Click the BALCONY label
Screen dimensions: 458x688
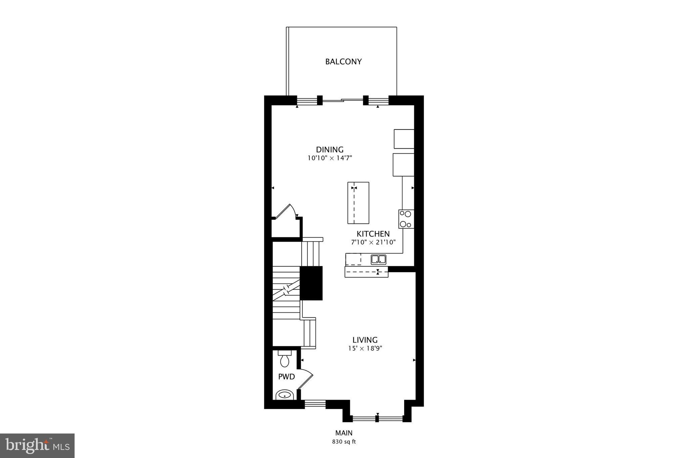pyautogui.click(x=343, y=62)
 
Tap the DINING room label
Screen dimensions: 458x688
pyautogui.click(x=330, y=150)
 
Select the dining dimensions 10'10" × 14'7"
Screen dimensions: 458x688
pyautogui.click(x=330, y=158)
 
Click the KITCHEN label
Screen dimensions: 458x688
pyautogui.click(x=373, y=234)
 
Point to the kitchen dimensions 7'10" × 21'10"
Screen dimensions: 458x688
pyautogui.click(x=373, y=242)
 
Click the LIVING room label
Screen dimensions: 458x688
pyautogui.click(x=365, y=340)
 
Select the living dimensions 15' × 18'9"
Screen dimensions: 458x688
pyautogui.click(x=365, y=349)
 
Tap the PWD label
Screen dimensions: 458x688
pyautogui.click(x=286, y=377)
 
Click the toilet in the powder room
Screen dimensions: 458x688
pyautogui.click(x=285, y=359)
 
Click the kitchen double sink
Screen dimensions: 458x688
pyautogui.click(x=379, y=259)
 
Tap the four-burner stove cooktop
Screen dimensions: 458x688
pyautogui.click(x=406, y=219)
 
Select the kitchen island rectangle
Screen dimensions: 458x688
pyautogui.click(x=358, y=203)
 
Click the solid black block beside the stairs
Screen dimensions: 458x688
pyautogui.click(x=311, y=283)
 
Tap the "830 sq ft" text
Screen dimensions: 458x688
pyautogui.click(x=344, y=442)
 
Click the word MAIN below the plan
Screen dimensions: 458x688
pyautogui.click(x=344, y=433)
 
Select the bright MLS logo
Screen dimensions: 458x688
pyautogui.click(x=37, y=446)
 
